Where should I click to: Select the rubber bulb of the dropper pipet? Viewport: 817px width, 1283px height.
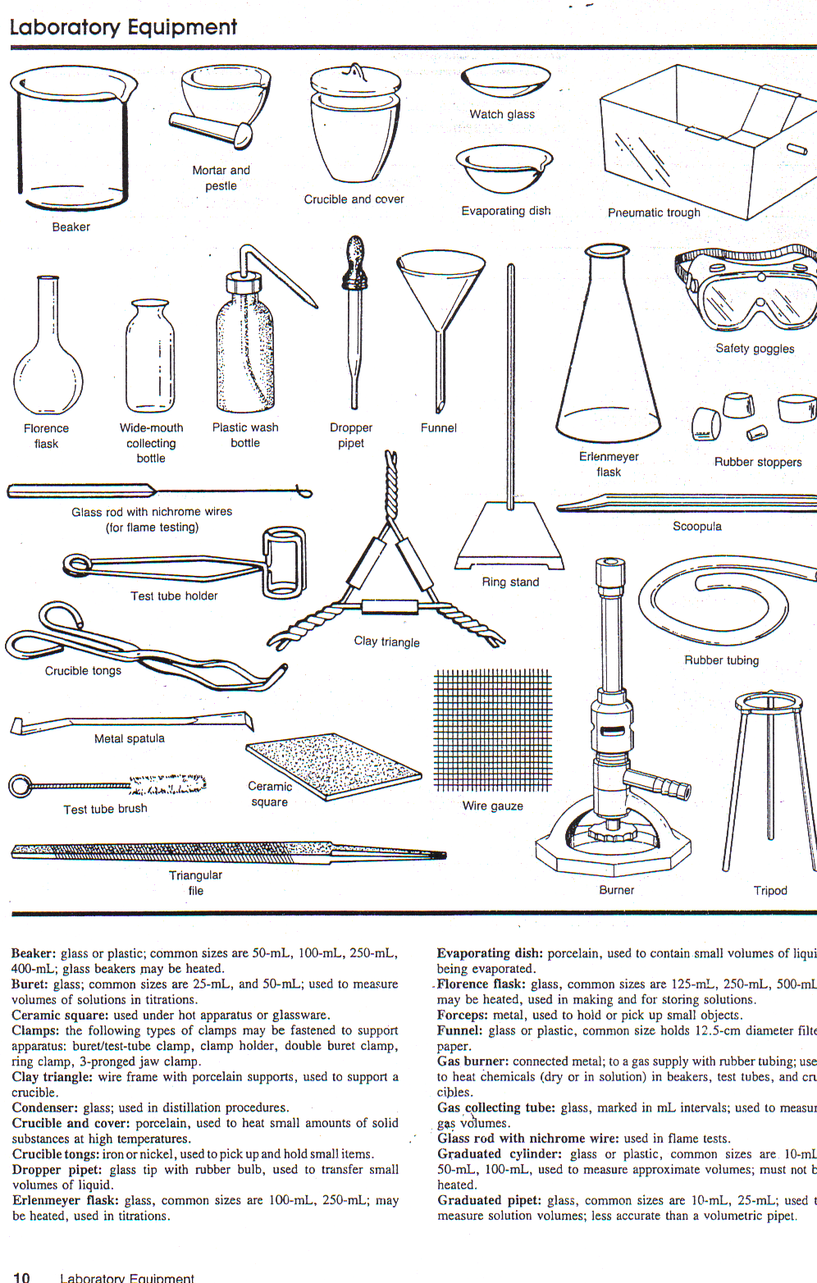tap(355, 255)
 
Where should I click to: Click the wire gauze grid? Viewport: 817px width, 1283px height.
tap(492, 730)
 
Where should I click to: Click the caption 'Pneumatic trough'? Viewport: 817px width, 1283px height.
tap(654, 212)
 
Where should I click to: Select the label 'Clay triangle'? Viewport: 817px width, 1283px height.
tap(386, 641)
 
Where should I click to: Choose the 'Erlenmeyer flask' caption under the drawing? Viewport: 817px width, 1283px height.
tap(609, 464)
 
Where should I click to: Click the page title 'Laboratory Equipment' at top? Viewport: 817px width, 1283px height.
tap(123, 27)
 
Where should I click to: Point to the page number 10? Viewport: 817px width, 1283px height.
tap(21, 1276)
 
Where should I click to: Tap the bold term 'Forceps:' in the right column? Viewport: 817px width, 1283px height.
tap(463, 1015)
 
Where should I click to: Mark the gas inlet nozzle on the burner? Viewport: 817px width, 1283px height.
tap(677, 789)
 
